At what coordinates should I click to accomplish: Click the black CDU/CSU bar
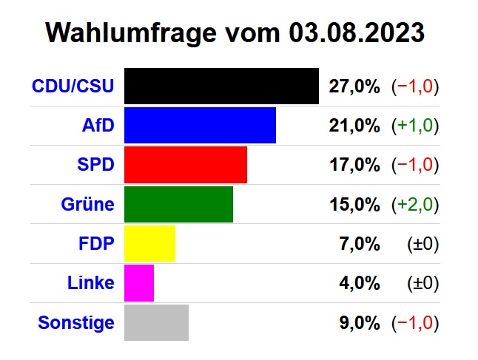coord(221,86)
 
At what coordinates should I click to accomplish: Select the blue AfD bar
coord(200,125)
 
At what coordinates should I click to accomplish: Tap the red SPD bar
coord(186,164)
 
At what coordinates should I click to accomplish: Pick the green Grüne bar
coord(178,204)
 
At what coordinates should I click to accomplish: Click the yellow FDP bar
coord(149,243)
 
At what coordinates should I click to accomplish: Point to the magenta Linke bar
coord(139,282)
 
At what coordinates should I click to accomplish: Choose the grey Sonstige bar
coord(156,322)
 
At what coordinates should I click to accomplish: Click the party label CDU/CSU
coord(73,86)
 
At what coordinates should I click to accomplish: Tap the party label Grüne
coord(87,205)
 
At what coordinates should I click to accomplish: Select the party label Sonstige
coord(76,323)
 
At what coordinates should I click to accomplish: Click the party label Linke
coord(90,283)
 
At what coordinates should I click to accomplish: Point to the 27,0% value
coord(354,86)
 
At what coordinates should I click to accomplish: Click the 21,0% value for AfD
coord(354,126)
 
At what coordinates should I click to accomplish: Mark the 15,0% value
coord(354,205)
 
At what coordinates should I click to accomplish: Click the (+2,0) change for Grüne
coord(415,205)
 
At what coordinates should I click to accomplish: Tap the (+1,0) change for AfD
coord(415,126)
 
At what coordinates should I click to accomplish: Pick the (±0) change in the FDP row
coord(423,244)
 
